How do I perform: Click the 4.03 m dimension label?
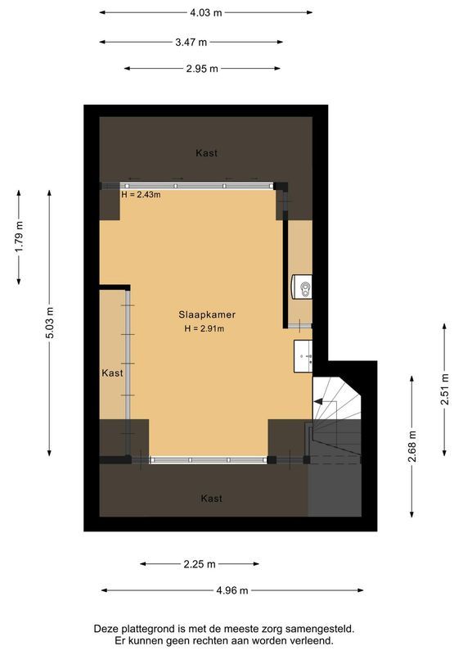click(x=205, y=12)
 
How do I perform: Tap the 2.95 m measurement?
click(x=202, y=69)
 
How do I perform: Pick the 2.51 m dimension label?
click(x=444, y=390)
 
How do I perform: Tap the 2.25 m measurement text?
click(x=200, y=564)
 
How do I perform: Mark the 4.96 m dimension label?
click(x=231, y=590)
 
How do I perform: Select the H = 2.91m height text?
click(x=204, y=329)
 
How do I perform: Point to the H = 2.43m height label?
click(x=141, y=195)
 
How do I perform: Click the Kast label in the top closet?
click(x=206, y=153)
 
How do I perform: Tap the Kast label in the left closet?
click(x=112, y=373)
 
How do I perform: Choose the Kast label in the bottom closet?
click(x=211, y=498)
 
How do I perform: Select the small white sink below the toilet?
click(x=303, y=354)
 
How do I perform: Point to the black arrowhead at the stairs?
click(x=318, y=402)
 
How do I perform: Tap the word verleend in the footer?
click(x=313, y=641)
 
